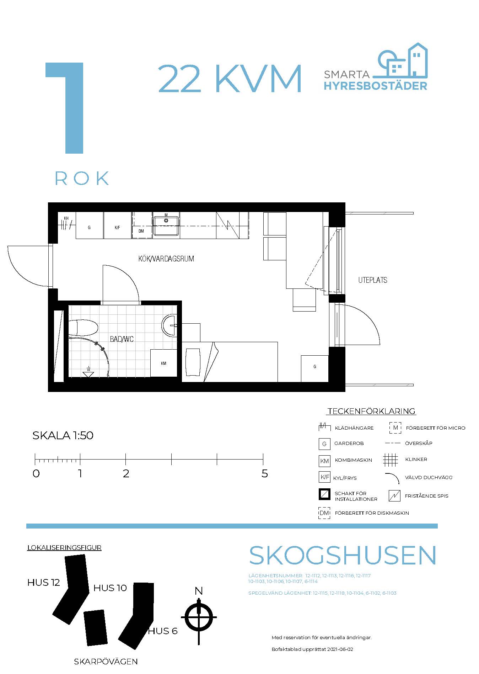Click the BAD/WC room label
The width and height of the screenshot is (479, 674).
pyautogui.click(x=122, y=339)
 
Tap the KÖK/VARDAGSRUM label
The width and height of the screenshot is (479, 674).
pyautogui.click(x=166, y=259)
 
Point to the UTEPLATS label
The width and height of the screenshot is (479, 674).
pyautogui.click(x=373, y=280)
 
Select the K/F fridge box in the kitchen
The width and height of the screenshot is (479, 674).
pyautogui.click(x=118, y=225)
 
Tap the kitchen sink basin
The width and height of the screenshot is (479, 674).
pyautogui.click(x=166, y=225)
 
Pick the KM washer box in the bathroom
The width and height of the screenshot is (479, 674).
pyautogui.click(x=163, y=363)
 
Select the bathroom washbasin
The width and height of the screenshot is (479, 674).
pyautogui.click(x=169, y=325)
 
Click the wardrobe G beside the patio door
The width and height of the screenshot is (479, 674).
pyautogui.click(x=314, y=368)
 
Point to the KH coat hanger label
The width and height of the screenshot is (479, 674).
pyautogui.click(x=66, y=218)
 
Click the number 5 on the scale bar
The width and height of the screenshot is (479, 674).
pyautogui.click(x=264, y=474)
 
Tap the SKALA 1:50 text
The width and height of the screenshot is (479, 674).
pyautogui.click(x=63, y=435)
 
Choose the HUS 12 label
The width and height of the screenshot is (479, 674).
pyautogui.click(x=44, y=583)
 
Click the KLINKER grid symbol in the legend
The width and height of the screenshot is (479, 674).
pyautogui.click(x=391, y=460)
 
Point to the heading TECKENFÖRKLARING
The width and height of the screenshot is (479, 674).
pyautogui.click(x=371, y=411)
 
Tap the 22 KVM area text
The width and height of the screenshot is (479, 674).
pyautogui.click(x=230, y=79)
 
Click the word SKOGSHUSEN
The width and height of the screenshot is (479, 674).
pyautogui.click(x=343, y=555)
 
